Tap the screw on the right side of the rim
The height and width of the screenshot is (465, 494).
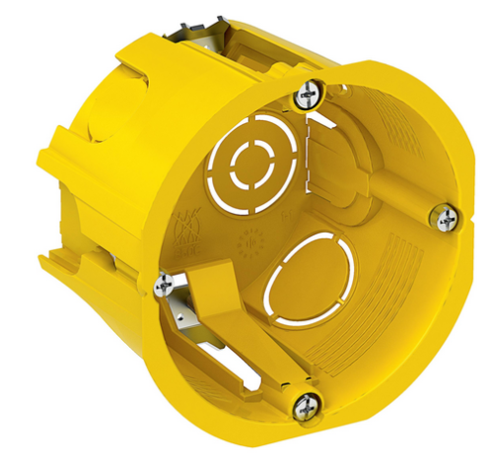446,216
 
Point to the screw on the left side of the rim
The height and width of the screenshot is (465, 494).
162,286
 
